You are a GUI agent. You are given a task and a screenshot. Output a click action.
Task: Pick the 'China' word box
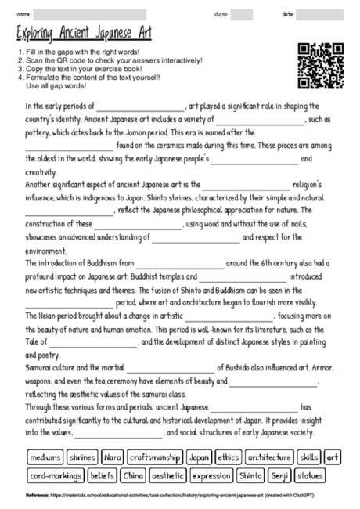(133, 475)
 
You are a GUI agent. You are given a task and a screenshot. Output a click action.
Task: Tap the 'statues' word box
(310, 475)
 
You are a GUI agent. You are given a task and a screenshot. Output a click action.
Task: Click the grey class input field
(241, 14)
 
